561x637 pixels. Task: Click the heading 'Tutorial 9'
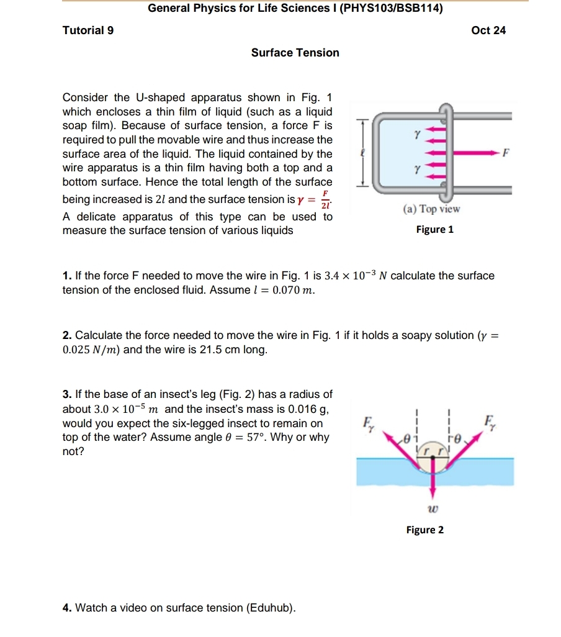pos(88,30)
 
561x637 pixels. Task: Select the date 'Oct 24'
pos(488,30)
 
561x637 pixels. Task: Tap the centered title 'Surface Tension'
pos(295,53)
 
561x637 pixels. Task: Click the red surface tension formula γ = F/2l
pos(313,201)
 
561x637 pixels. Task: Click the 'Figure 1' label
pos(434,230)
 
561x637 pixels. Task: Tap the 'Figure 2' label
pos(424,530)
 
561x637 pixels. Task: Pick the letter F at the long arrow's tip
pos(506,153)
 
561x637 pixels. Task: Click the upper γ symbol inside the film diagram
pos(418,133)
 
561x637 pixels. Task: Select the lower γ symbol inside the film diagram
pos(418,169)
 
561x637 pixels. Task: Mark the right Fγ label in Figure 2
pos(490,420)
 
